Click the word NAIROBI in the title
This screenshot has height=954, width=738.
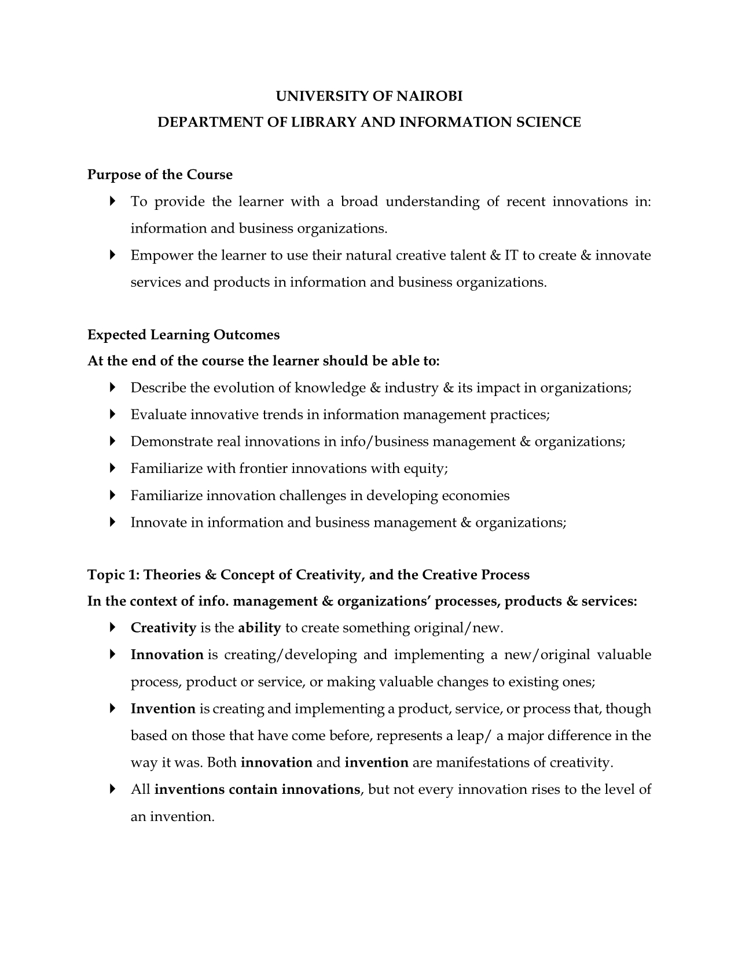point(429,96)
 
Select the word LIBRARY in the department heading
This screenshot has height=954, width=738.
point(326,123)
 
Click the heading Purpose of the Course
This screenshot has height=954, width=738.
point(160,175)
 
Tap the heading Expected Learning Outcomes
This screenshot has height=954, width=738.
point(183,335)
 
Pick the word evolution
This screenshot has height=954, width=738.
point(244,388)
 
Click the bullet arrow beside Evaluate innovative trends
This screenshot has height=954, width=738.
point(112,415)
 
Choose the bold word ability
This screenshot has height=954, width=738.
point(259,628)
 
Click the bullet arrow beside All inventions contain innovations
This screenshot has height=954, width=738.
point(112,789)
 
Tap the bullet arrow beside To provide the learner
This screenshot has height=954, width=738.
point(112,202)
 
